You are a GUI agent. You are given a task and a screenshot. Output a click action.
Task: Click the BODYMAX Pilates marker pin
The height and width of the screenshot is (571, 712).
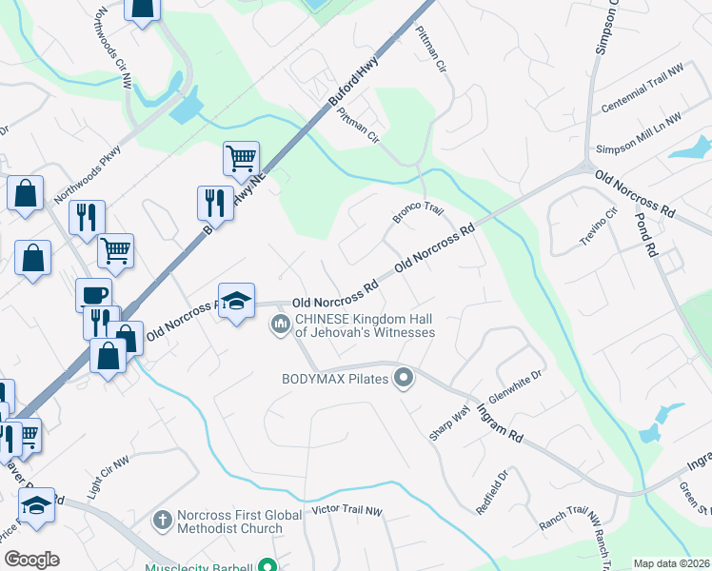(404, 379)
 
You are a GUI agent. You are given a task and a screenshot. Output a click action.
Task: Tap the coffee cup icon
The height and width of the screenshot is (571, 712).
(93, 294)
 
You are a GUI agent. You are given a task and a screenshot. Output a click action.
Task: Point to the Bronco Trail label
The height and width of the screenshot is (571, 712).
(419, 214)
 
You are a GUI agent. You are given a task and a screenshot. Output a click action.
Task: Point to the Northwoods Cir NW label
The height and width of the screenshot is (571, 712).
(114, 49)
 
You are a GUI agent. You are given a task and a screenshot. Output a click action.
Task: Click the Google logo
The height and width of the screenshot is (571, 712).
(31, 560)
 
